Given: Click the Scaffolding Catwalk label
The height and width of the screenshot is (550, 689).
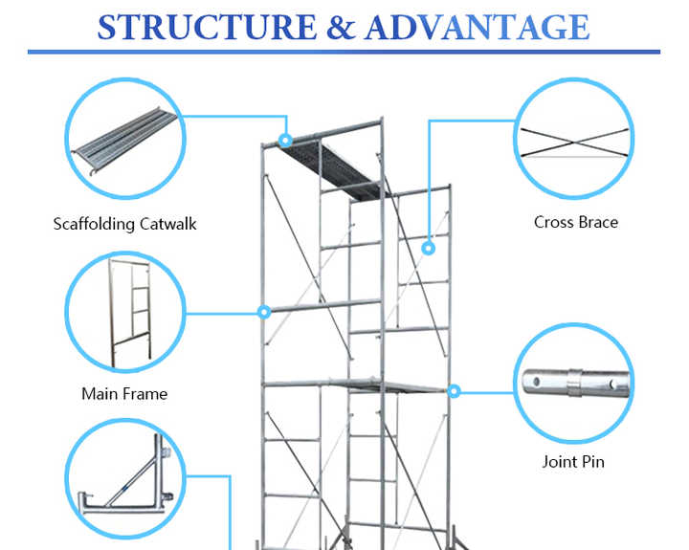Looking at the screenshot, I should (124, 224).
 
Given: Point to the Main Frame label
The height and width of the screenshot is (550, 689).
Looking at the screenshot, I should (124, 393).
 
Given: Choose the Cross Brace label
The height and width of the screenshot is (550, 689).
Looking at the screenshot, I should (575, 222).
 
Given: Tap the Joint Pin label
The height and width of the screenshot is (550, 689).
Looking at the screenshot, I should (573, 462).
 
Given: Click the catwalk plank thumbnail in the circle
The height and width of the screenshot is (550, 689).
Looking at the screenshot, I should (124, 142).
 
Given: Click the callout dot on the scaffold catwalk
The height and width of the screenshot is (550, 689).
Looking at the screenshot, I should (284, 141).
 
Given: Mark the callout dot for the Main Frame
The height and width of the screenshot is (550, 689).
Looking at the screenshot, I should (264, 312).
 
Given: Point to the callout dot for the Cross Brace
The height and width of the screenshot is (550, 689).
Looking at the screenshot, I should (429, 249).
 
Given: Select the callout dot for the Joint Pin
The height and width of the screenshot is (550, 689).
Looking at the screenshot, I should (455, 390).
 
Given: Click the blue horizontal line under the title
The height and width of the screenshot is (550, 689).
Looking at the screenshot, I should (344, 52).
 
